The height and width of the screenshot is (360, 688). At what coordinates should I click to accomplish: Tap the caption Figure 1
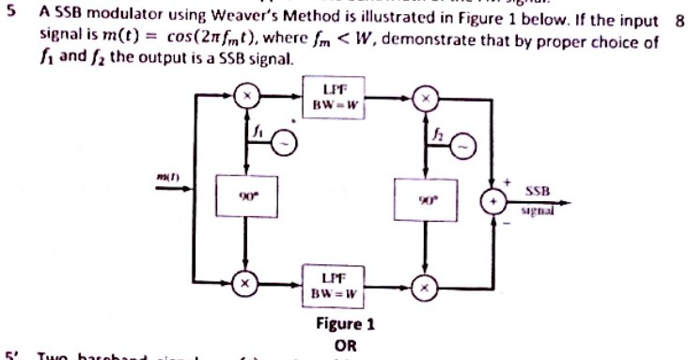[345, 324]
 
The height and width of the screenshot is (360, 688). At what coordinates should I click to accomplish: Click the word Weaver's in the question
[234, 20]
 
